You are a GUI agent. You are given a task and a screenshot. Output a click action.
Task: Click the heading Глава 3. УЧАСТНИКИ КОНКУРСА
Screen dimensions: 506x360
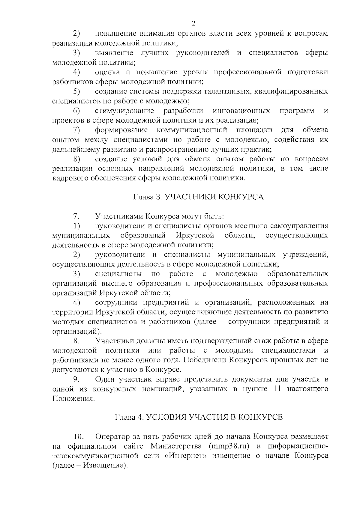198,197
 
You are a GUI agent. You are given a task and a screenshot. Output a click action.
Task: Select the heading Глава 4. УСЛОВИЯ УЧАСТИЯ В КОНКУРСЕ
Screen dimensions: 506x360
199,417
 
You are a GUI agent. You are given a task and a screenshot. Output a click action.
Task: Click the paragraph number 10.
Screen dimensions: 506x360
79,436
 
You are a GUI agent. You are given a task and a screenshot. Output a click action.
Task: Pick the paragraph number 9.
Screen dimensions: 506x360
76,379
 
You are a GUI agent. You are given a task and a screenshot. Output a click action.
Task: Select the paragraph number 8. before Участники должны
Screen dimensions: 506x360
76,341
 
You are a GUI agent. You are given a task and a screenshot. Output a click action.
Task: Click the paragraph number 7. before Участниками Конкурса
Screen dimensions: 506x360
76,216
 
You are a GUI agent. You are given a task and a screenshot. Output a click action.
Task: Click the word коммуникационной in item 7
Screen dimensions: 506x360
191,130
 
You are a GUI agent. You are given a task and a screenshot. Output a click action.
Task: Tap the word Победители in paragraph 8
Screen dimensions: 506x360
204,360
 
